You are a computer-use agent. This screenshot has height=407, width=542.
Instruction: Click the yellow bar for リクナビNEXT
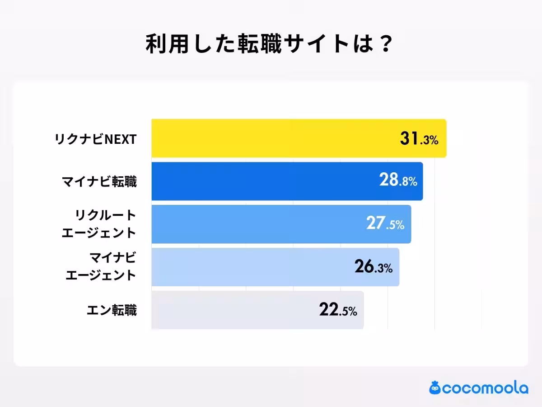click(x=271, y=138)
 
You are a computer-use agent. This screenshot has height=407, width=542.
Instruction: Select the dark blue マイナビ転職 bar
click(x=262, y=181)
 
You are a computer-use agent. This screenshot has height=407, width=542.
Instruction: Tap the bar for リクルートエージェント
click(x=253, y=224)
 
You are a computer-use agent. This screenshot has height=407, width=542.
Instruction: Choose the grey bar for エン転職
click(x=226, y=310)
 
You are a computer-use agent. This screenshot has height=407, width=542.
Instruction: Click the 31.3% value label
click(x=419, y=139)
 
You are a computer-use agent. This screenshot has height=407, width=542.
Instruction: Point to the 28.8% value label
click(x=398, y=181)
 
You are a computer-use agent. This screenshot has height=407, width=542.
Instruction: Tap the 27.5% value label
click(x=385, y=224)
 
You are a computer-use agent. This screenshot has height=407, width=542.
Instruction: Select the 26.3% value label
click(x=374, y=267)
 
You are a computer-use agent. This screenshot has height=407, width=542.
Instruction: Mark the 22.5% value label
click(x=338, y=310)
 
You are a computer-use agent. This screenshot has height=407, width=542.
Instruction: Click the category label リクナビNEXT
click(x=95, y=139)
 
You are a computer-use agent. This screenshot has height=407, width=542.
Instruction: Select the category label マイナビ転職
click(x=99, y=182)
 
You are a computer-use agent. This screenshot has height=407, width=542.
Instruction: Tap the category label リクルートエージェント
click(x=99, y=224)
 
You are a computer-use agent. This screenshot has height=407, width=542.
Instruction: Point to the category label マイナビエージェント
click(x=101, y=267)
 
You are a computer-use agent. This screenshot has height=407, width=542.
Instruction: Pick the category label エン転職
click(x=112, y=310)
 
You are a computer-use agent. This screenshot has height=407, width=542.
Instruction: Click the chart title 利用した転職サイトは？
click(x=269, y=45)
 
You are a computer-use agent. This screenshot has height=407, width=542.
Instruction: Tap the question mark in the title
click(x=384, y=45)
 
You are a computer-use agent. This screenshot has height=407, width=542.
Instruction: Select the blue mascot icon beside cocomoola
click(x=435, y=388)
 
